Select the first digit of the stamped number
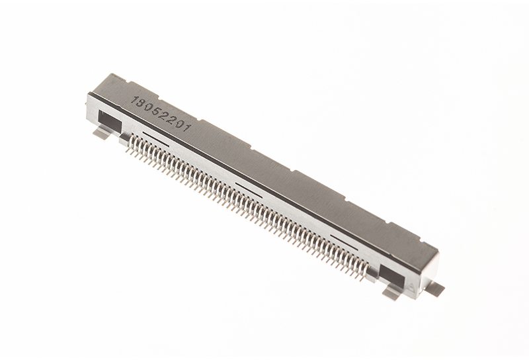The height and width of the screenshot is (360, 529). [x=134, y=101]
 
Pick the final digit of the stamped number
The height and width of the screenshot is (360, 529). [x=188, y=128]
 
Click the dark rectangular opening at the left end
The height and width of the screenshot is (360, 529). [x=109, y=122]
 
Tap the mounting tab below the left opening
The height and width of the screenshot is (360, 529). [x=102, y=134]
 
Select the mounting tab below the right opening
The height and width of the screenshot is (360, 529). [x=392, y=291]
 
